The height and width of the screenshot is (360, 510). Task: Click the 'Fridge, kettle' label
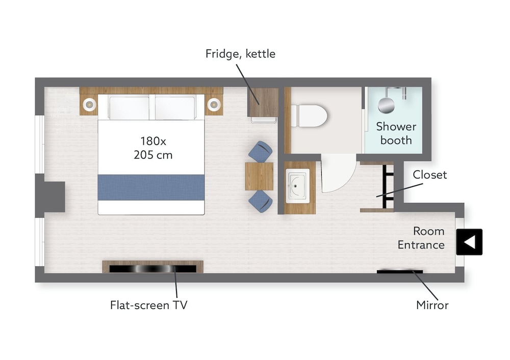pyautogui.click(x=240, y=54)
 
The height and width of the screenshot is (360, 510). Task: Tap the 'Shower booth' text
pyautogui.click(x=396, y=133)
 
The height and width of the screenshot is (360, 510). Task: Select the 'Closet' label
pyautogui.click(x=429, y=174)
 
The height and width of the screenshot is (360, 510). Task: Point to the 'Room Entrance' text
pyautogui.click(x=421, y=238)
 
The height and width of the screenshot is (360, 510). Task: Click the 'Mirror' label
pyautogui.click(x=432, y=305)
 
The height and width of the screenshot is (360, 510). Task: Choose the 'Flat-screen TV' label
pyautogui.click(x=148, y=305)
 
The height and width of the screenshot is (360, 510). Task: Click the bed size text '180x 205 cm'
pyautogui.click(x=153, y=148)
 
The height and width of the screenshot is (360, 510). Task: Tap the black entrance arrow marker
pyautogui.click(x=469, y=242)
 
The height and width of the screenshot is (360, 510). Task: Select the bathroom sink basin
pyautogui.click(x=297, y=186)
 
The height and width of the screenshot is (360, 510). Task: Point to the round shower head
pyautogui.click(x=386, y=105)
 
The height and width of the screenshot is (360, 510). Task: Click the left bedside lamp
pyautogui.click(x=89, y=105)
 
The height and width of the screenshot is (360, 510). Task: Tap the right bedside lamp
pyautogui.click(x=214, y=105)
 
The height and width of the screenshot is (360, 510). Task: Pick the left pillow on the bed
pyautogui.click(x=129, y=108)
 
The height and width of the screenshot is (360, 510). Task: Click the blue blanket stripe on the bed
pyautogui.click(x=151, y=187)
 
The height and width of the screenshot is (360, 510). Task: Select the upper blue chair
pyautogui.click(x=261, y=151)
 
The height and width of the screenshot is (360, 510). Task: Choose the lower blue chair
pyautogui.click(x=261, y=201)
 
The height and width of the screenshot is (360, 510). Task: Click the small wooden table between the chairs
pyautogui.click(x=259, y=176)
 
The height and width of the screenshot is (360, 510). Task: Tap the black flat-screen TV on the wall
pyautogui.click(x=153, y=269)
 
